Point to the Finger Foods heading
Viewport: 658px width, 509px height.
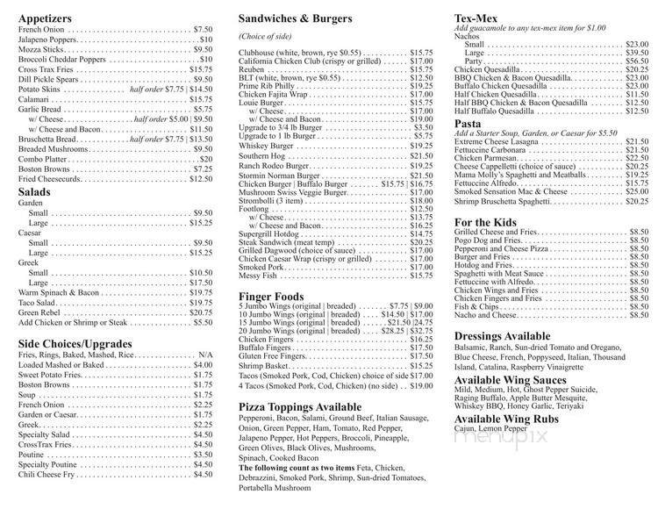pyautogui.click(x=272, y=297)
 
